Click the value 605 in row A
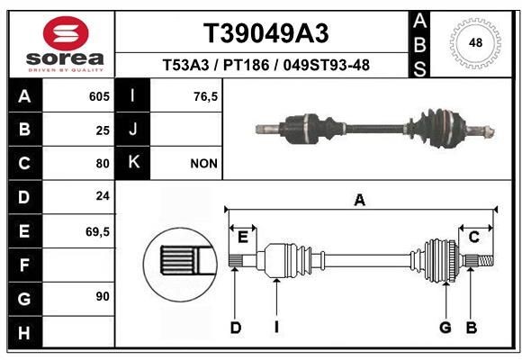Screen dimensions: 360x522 pos(99,96)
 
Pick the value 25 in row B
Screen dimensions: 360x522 pos(103,130)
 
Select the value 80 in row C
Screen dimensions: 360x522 pos(103,164)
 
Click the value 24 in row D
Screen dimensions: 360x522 pos(103,196)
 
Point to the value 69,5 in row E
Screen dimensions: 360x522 pos(97,231)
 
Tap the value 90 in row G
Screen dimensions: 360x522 pos(103,296)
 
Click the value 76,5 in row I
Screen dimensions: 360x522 pos(206,96)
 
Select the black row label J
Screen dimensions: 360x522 pos(133,130)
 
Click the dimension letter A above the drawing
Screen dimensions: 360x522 pos(360,201)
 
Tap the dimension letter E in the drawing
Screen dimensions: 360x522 pos(242,237)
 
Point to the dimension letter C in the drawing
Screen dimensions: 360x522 pos(473,237)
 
